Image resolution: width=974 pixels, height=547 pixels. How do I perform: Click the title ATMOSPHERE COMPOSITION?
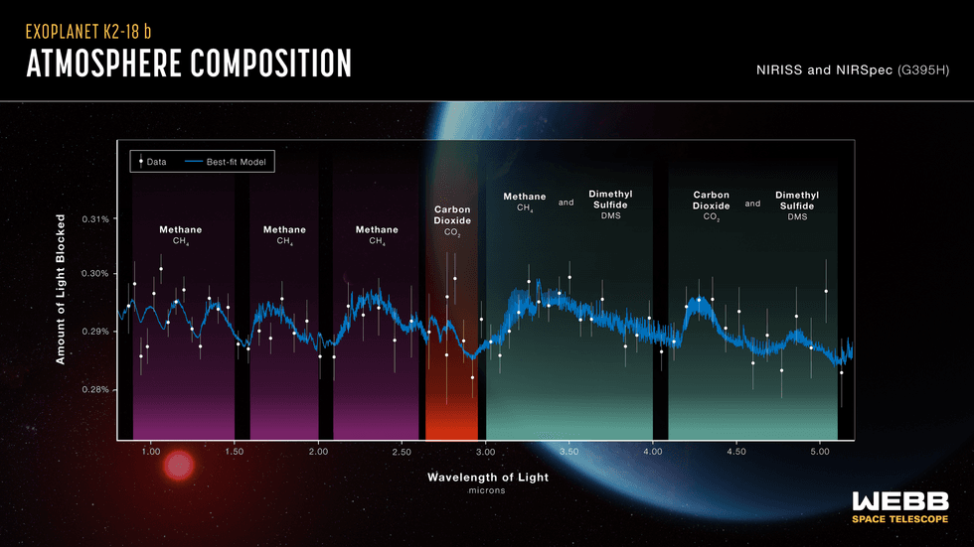pyautogui.click(x=189, y=64)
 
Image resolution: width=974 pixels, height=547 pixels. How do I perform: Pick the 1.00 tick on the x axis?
pyautogui.click(x=151, y=452)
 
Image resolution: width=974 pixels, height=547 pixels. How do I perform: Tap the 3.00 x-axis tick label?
pyautogui.click(x=485, y=452)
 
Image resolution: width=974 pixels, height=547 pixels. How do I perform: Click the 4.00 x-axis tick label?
pyautogui.click(x=652, y=452)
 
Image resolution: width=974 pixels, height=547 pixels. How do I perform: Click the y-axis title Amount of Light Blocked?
pyautogui.click(x=61, y=289)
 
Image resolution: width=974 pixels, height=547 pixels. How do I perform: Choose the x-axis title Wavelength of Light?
pyautogui.click(x=487, y=478)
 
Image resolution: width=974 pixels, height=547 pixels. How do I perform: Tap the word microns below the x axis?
pyautogui.click(x=487, y=490)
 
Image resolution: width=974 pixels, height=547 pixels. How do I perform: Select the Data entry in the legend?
pyautogui.click(x=151, y=161)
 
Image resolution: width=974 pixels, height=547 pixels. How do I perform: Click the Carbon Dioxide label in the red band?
pyautogui.click(x=452, y=220)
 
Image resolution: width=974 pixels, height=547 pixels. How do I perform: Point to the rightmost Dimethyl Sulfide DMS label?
pyautogui.click(x=796, y=205)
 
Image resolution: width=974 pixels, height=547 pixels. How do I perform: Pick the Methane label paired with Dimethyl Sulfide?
pyautogui.click(x=524, y=202)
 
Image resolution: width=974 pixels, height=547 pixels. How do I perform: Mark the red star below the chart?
pyautogui.click(x=179, y=466)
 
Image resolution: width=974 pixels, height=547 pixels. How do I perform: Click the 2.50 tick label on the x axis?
pyautogui.click(x=402, y=452)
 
